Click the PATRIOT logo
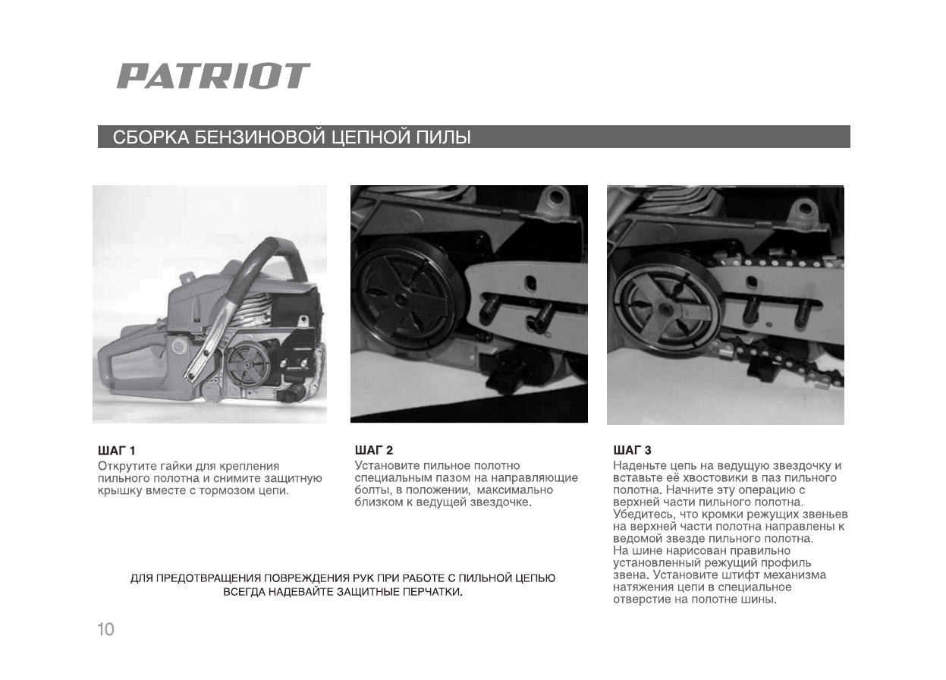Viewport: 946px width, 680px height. click(x=213, y=76)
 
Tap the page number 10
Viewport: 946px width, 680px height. click(x=105, y=629)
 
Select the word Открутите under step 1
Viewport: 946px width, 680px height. click(x=127, y=465)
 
